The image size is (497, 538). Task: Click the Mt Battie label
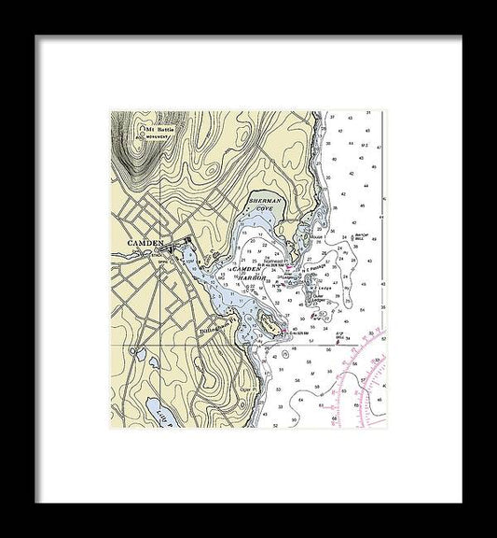pos(156,129)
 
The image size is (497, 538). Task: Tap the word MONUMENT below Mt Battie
pos(155,135)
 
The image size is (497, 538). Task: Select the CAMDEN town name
pos(145,243)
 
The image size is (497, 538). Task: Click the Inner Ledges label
pos(285,276)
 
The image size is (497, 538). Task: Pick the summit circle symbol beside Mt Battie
pos(138,128)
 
